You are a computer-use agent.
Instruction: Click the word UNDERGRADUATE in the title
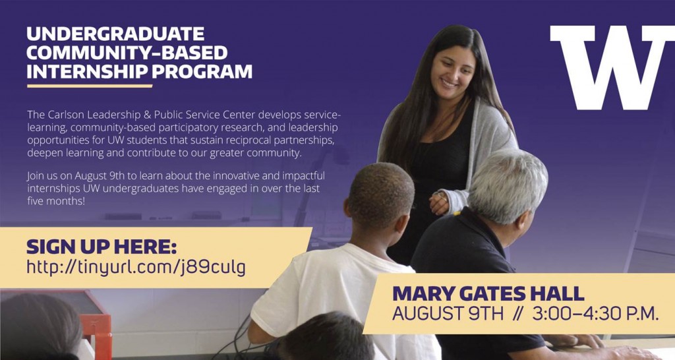point(115,34)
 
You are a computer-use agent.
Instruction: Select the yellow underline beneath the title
point(90,86)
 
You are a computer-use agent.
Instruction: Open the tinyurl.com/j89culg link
point(136,267)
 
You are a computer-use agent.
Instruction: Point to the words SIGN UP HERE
point(101,247)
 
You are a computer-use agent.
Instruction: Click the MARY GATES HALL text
point(488,293)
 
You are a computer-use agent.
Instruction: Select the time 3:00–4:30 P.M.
point(595,313)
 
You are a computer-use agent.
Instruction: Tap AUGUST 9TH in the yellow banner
point(448,313)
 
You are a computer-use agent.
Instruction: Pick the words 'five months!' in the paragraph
point(56,200)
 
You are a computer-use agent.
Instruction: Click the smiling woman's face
point(453,71)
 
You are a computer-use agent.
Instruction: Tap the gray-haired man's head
point(508,186)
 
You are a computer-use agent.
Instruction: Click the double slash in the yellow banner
point(517,313)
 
